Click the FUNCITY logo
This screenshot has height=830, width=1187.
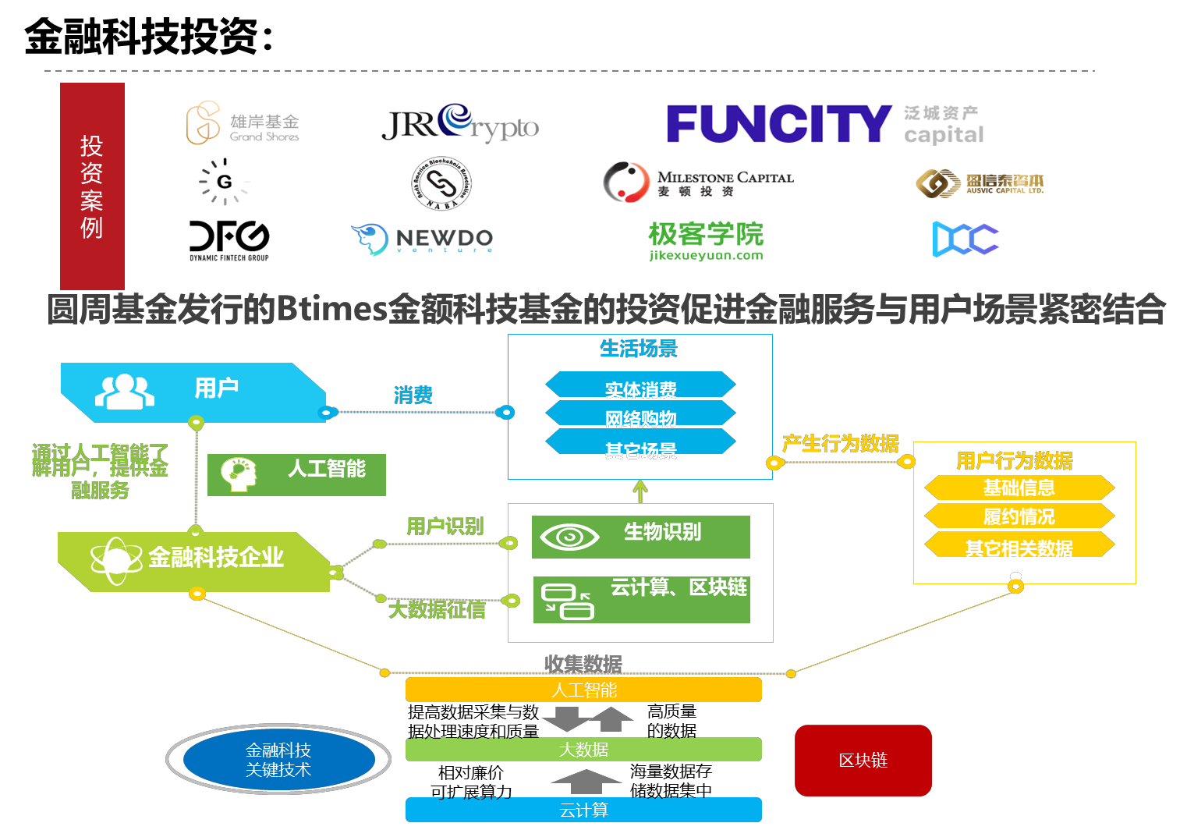click(x=778, y=124)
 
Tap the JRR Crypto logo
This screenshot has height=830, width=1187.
click(x=460, y=123)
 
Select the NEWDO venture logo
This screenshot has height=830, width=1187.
click(x=422, y=239)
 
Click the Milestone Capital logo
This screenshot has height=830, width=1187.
click(x=698, y=183)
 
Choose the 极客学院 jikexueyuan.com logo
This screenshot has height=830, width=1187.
click(x=706, y=240)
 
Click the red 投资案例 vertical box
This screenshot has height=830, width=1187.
click(x=92, y=186)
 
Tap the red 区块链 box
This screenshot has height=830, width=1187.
click(x=863, y=760)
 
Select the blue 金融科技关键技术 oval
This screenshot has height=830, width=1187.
click(x=278, y=759)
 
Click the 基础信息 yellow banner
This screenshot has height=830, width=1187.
click(x=1019, y=488)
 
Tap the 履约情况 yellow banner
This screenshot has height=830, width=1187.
click(x=1019, y=516)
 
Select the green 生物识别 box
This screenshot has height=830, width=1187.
click(x=641, y=537)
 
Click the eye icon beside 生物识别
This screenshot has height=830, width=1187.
click(x=569, y=537)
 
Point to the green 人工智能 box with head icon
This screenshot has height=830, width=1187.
click(x=296, y=474)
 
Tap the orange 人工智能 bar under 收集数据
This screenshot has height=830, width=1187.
click(x=583, y=690)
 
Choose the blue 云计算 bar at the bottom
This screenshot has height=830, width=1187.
click(x=583, y=810)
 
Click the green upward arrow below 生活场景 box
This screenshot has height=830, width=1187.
click(x=640, y=491)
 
